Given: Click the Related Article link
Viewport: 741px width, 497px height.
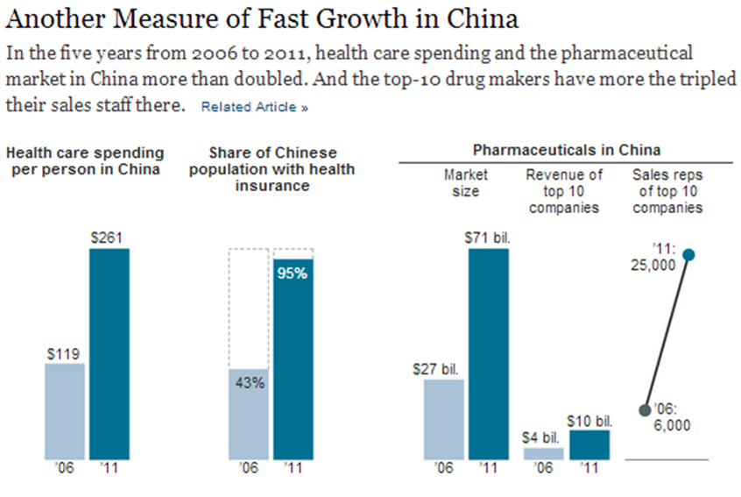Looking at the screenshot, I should coord(254,108).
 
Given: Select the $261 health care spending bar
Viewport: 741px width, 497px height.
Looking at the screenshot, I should coord(109,354).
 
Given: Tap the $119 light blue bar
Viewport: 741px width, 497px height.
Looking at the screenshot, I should coord(65,411).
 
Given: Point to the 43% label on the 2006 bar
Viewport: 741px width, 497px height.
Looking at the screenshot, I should coord(249,384).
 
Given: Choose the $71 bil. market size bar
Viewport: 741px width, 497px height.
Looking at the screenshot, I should coord(488,354).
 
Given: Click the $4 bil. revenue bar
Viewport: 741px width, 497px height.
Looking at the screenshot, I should coord(544,454).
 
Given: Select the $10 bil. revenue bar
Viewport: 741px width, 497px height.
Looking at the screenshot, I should coord(589,444).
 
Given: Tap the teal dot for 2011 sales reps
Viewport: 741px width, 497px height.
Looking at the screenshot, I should coord(688,255).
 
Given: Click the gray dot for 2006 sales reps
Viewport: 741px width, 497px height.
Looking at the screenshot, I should coord(646,409).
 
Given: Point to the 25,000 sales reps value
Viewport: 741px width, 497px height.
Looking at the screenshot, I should coord(653,264).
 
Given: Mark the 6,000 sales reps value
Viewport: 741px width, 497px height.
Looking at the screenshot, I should coord(673,425).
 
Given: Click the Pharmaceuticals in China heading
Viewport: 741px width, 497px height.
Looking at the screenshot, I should coord(566,150).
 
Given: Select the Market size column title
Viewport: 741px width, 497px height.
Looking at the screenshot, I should coord(465,183).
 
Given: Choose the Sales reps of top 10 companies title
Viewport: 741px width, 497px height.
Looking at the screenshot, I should coord(667,191).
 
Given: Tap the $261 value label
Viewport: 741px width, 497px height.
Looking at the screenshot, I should coord(109,237).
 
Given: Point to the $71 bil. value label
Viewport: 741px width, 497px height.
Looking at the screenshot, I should coord(488,237).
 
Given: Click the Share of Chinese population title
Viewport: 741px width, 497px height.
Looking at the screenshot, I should coord(272,169).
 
